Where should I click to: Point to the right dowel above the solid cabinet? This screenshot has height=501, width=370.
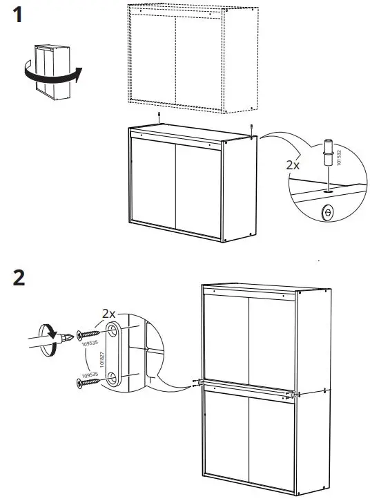tap(252, 126)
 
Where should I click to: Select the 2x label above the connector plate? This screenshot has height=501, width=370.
tap(110, 313)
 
